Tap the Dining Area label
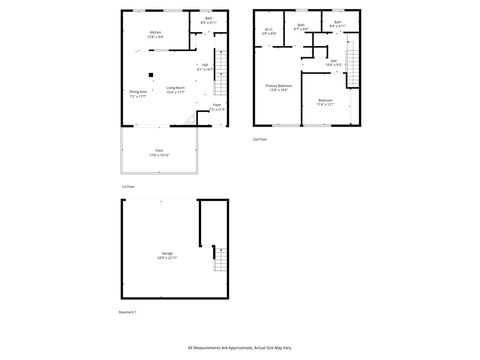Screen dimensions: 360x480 pos(137,94)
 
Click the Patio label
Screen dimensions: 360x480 pos(159,153)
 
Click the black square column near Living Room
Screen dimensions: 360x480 pos(150,74)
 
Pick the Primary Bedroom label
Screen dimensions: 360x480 pos(277,88)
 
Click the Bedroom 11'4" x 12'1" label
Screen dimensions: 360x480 pos(326,102)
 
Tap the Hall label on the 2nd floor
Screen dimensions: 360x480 pos(334,62)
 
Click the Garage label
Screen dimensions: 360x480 pos(167,255)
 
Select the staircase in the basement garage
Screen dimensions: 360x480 pos(218,262)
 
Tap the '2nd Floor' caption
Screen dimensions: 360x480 pos(259,140)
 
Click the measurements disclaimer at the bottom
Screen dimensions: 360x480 pos(240,346)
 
